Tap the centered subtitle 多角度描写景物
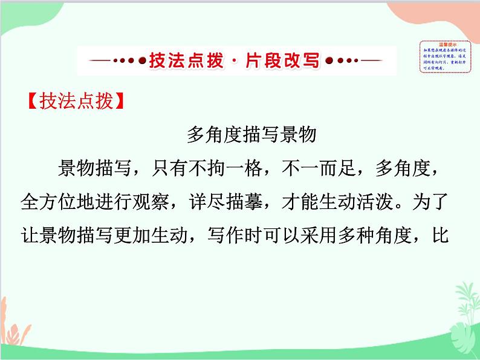tap(251, 135)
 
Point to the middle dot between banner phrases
tap(233, 61)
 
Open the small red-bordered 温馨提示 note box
tap(446, 56)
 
